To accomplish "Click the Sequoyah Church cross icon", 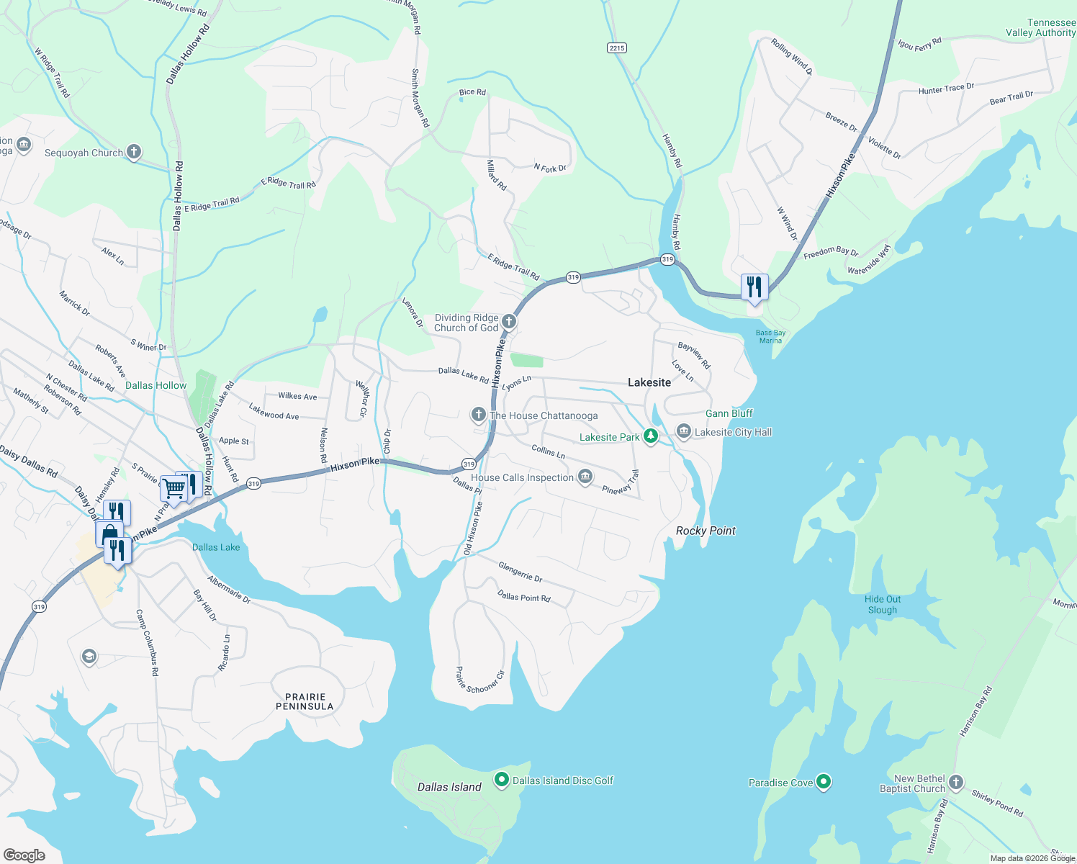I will point(133,152).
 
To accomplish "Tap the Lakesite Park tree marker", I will point(650,436).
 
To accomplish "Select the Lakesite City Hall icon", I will point(683,431).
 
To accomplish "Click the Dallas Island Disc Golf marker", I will point(502,780).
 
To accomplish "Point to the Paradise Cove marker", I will point(824,782).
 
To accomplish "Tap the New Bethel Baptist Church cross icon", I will point(955,783).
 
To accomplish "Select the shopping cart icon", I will point(174,488).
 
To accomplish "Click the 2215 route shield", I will point(616,48).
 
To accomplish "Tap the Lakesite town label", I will point(649,382).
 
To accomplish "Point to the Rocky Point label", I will point(706,531).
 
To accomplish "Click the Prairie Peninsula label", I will point(305,701).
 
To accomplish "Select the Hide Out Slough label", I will point(883,604).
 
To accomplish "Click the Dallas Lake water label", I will point(216,547).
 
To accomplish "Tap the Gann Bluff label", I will point(729,413).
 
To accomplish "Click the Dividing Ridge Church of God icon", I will point(508,321).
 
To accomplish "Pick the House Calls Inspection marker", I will point(585,477).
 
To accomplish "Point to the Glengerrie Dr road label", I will point(520,572).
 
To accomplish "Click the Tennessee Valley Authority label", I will point(1040,27).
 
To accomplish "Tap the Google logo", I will point(24,855).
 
